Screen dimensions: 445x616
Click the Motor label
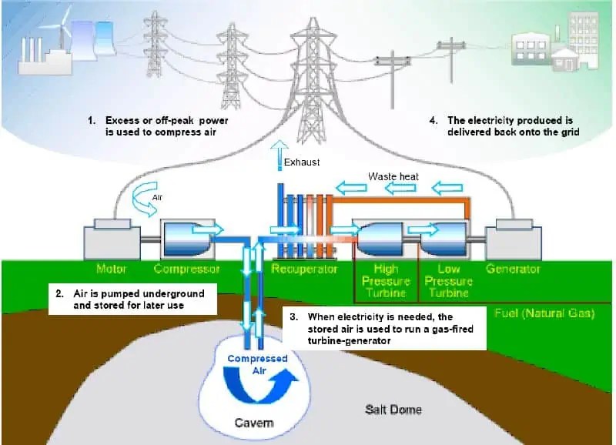click(x=111, y=269)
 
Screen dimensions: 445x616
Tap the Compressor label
click(x=186, y=269)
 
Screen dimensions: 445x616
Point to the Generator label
click(x=513, y=269)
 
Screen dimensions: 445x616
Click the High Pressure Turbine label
click(x=385, y=281)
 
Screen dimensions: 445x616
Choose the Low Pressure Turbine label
click(x=448, y=281)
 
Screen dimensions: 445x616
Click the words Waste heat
click(x=393, y=177)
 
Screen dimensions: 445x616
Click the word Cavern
click(x=254, y=423)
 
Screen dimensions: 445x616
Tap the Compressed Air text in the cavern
click(x=256, y=364)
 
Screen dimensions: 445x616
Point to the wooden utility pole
click(x=460, y=62)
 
